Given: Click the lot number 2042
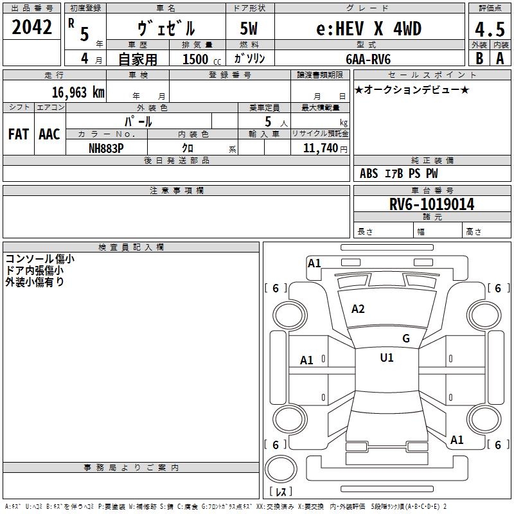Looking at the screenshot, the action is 31,27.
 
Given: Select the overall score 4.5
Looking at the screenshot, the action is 490,30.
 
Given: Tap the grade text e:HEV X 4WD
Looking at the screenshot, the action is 369,28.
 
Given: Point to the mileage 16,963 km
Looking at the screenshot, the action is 78,92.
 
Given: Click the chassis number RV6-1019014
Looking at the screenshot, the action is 432,204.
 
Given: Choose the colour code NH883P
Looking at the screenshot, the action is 106,148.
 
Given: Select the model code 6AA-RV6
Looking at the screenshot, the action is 368,59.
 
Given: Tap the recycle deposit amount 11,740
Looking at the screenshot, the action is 320,148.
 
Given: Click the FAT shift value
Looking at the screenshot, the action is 19,134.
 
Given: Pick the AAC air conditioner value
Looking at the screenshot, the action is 49,134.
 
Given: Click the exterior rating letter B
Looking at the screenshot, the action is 479,58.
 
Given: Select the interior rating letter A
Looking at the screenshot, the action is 500,58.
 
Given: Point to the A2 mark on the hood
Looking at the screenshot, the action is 358,309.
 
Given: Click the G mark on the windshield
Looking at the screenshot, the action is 406,338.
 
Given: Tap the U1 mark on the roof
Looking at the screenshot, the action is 387,357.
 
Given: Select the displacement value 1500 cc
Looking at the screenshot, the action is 202,59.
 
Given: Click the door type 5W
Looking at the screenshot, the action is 249,28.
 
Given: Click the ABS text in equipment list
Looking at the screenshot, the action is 369,173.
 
